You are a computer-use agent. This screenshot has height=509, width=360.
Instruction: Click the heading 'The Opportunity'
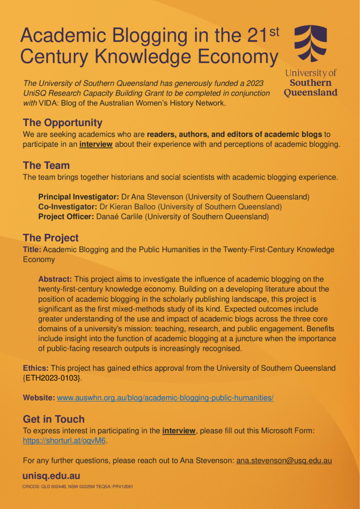(63, 123)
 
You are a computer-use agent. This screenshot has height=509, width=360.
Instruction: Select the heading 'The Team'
(46, 166)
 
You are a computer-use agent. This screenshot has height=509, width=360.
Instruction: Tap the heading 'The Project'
(51, 238)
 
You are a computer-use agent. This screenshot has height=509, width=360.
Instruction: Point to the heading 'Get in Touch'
(54, 419)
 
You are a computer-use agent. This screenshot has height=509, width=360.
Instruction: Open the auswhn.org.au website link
(165, 398)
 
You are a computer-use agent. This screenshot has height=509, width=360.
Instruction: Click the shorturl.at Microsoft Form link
(65, 441)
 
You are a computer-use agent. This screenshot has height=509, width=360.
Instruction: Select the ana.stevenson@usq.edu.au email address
(284, 461)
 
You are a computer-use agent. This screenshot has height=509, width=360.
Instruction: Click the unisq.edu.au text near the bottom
(51, 476)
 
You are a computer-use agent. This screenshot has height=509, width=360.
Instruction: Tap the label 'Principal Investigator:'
(79, 197)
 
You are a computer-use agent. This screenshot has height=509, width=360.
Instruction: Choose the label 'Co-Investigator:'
(69, 207)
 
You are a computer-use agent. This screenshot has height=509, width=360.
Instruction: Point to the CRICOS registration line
(77, 487)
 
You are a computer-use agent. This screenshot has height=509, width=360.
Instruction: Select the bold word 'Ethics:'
(36, 368)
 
